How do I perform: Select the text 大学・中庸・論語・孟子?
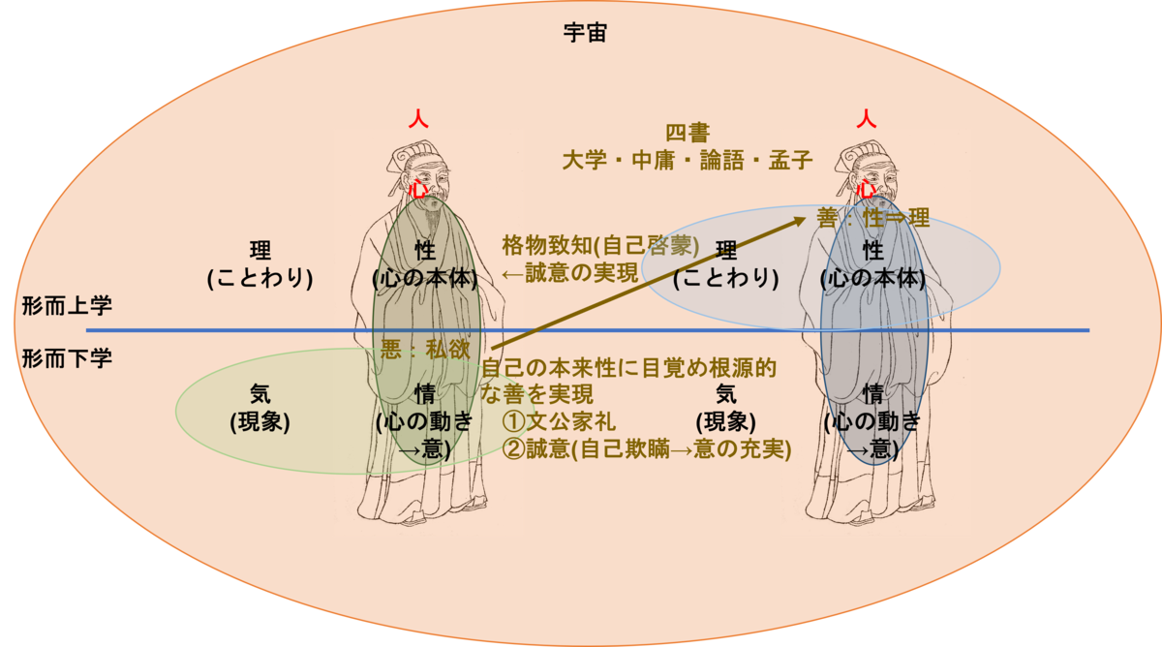(x=687, y=160)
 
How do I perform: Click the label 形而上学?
(x=67, y=306)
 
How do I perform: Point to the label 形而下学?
(x=67, y=359)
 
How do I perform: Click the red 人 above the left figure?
(x=417, y=119)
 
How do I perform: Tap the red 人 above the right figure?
(x=867, y=119)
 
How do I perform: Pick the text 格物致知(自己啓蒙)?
(x=600, y=245)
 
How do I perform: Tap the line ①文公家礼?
(x=559, y=423)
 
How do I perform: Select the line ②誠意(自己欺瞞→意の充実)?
(x=646, y=450)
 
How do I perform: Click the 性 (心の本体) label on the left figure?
(x=425, y=263)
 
